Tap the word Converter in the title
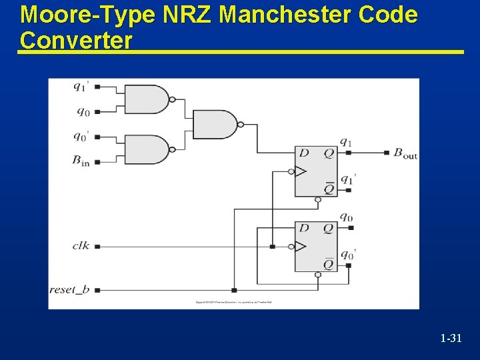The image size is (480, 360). pyautogui.click(x=76, y=40)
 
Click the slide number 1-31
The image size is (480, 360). pyautogui.click(x=451, y=339)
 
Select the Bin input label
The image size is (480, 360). pyautogui.click(x=81, y=161)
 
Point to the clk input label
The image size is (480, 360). pyautogui.click(x=81, y=246)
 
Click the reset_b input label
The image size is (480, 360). pyautogui.click(x=69, y=290)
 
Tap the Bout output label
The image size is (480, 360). pyautogui.click(x=405, y=153)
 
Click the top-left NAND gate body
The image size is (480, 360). pyautogui.click(x=147, y=99)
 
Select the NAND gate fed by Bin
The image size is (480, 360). pyautogui.click(x=147, y=150)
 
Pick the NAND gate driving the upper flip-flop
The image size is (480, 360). pyautogui.click(x=215, y=124)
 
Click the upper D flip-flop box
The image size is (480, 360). pyautogui.click(x=316, y=171)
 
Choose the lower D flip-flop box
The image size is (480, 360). pyautogui.click(x=316, y=247)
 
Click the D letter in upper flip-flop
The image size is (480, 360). pyautogui.click(x=304, y=153)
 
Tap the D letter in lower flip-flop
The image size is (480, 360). pyautogui.click(x=304, y=228)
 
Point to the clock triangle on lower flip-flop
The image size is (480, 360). pyautogui.click(x=301, y=247)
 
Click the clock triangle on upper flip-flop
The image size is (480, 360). pyautogui.click(x=301, y=171)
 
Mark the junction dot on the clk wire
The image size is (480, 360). pyautogui.click(x=272, y=247)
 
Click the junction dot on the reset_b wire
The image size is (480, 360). pyautogui.click(x=234, y=290)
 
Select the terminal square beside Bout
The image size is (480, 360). pyautogui.click(x=387, y=153)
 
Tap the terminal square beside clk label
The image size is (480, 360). pyautogui.click(x=97, y=247)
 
